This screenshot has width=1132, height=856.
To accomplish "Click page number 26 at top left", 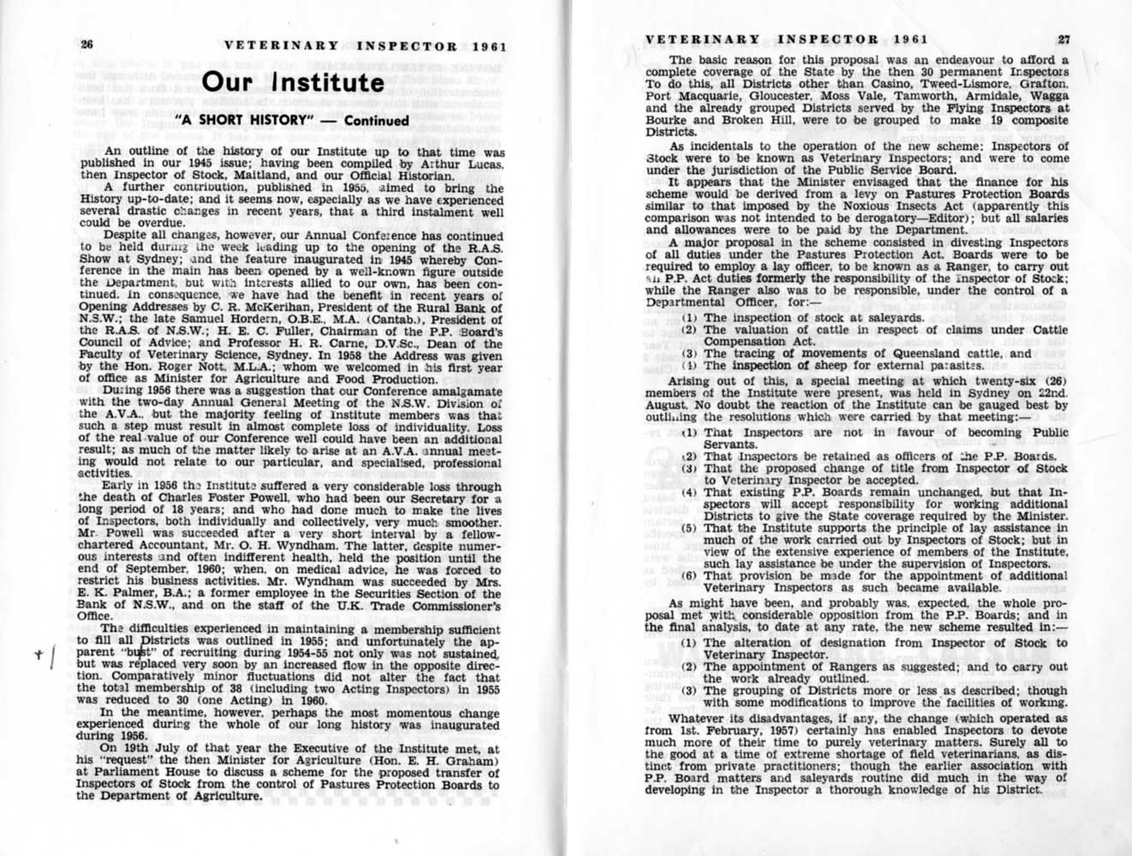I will pos(87,45).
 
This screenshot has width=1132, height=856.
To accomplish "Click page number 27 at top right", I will pos(1063,39).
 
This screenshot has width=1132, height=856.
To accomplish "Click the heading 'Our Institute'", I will pos(292,82).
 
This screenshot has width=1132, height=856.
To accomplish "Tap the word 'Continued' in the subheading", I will pos(377,121).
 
